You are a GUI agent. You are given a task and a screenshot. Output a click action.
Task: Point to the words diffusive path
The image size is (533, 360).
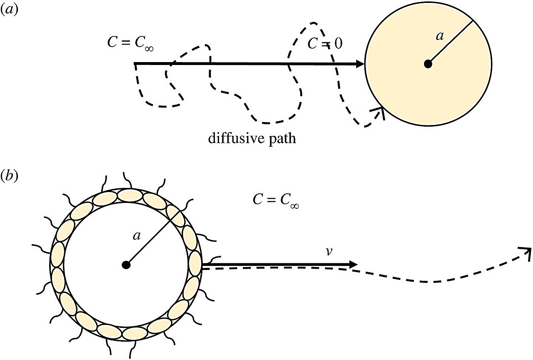click(x=252, y=138)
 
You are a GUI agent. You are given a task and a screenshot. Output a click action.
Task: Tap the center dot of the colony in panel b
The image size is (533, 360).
click(x=126, y=265)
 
